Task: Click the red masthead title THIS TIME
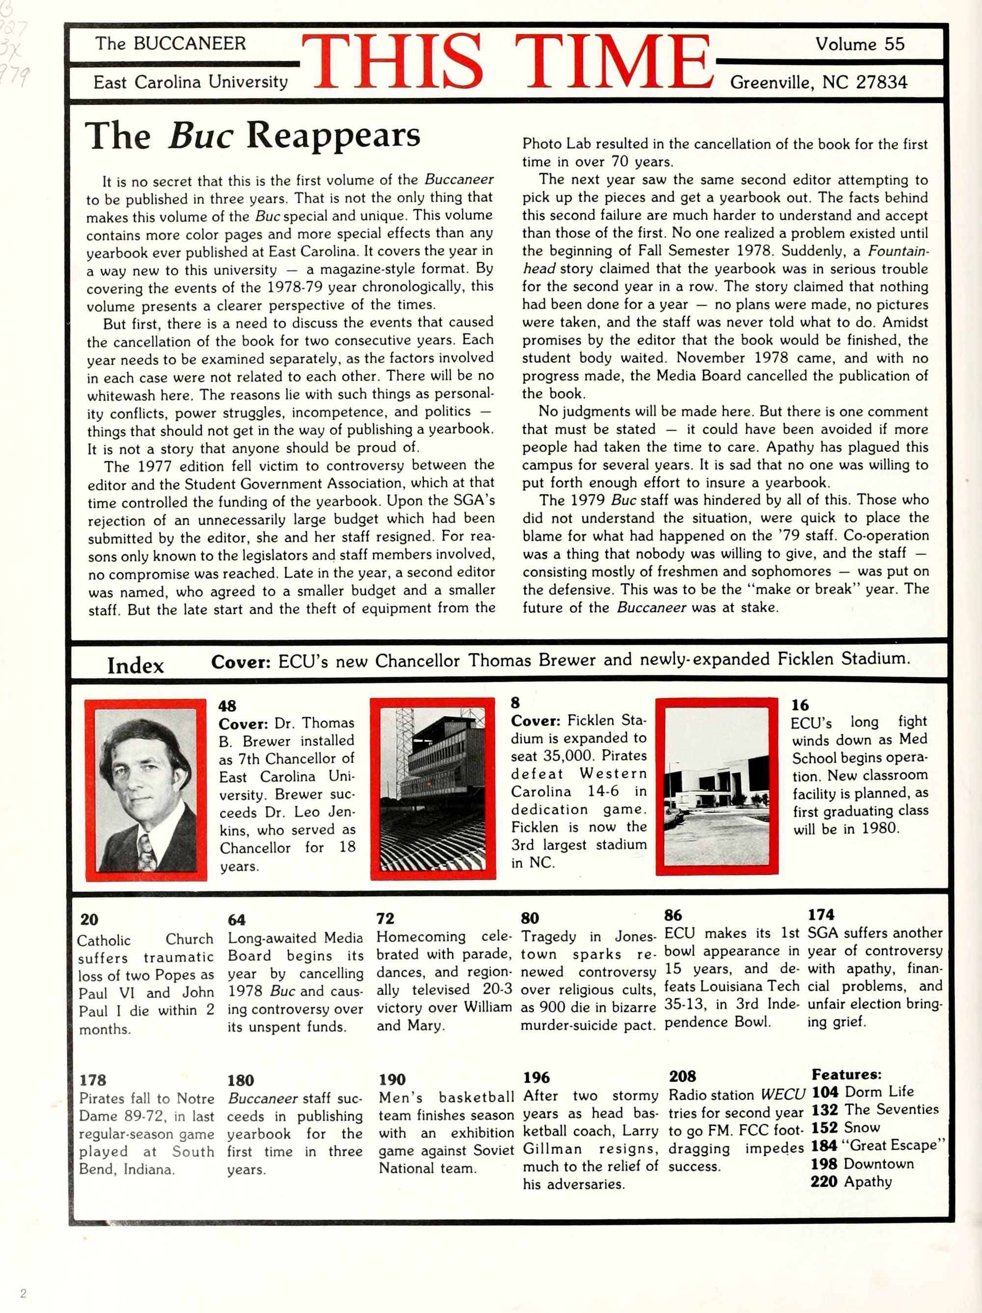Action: [x=509, y=62]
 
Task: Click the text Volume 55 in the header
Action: [x=859, y=45]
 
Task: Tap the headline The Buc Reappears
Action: [x=252, y=136]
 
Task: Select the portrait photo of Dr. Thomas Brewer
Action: [x=146, y=789]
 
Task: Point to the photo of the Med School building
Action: [x=716, y=786]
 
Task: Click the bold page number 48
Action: [x=227, y=706]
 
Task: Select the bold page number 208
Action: [x=682, y=1076]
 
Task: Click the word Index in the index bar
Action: [x=136, y=666]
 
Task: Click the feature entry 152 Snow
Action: [x=846, y=1128]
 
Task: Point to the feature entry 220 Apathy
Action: [x=851, y=1181]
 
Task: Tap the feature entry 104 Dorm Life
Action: [x=862, y=1092]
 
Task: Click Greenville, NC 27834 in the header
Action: [x=818, y=83]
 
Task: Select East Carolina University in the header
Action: [x=191, y=82]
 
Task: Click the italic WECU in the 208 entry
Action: [x=783, y=1094]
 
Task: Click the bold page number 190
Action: [x=392, y=1079]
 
